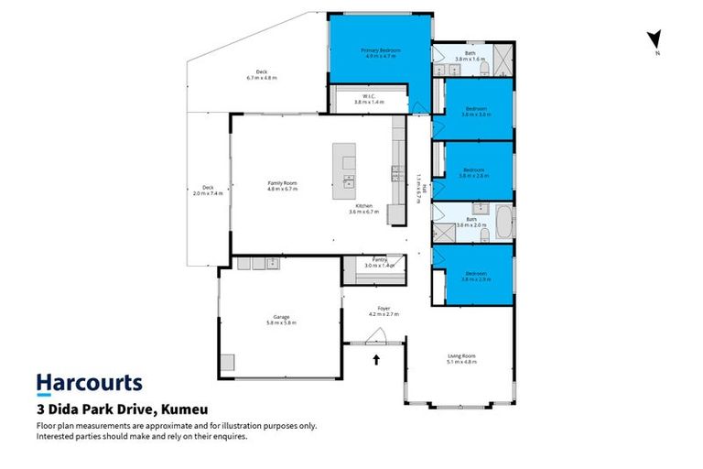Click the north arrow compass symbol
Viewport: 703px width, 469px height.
click(x=654, y=40)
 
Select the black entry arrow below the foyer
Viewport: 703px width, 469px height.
click(x=374, y=359)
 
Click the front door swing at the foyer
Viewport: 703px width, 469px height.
click(x=374, y=336)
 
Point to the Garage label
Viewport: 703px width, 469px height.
click(x=280, y=320)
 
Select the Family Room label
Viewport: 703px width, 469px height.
click(x=282, y=186)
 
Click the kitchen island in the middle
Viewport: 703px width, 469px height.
click(x=347, y=167)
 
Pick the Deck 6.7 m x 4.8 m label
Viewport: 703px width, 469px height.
click(x=261, y=75)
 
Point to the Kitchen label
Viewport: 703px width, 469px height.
click(x=362, y=208)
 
